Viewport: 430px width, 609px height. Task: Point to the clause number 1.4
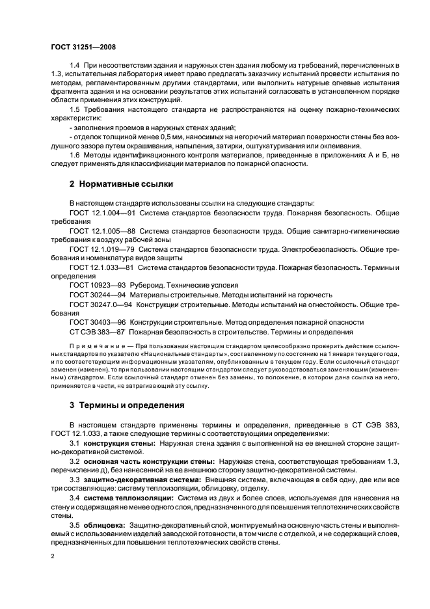coord(75,66)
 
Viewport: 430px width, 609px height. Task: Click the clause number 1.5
coord(75,109)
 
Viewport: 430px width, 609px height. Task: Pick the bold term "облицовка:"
coord(104,525)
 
